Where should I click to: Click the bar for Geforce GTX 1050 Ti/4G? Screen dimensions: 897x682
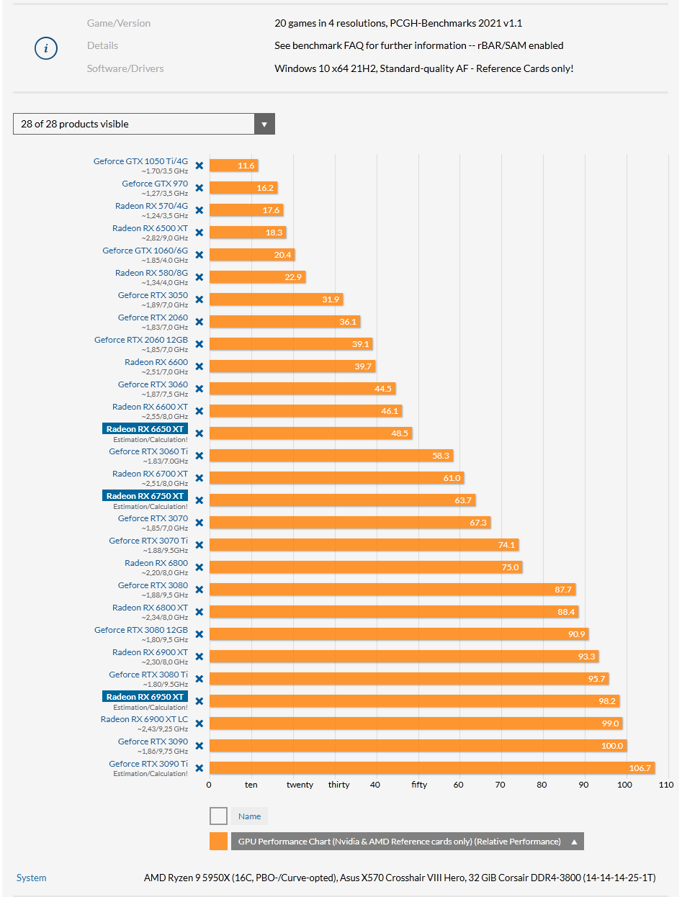[233, 166]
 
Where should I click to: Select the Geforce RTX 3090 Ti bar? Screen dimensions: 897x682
[432, 768]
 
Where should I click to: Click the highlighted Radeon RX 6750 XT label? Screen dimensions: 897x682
[145, 496]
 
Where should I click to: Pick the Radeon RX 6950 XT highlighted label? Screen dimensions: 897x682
[145, 697]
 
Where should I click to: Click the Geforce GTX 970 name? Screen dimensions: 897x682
[155, 184]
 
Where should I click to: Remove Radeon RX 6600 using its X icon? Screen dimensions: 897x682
[199, 366]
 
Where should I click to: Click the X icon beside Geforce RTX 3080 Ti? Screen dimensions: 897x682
[199, 679]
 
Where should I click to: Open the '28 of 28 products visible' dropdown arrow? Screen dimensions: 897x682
[264, 124]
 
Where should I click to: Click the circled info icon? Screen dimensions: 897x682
[46, 48]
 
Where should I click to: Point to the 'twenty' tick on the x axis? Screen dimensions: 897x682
[300, 785]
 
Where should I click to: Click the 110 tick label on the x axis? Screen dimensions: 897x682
[665, 785]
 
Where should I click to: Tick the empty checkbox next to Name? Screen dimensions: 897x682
[218, 816]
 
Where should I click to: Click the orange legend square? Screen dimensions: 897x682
[218, 842]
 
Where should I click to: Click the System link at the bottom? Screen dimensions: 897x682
[32, 878]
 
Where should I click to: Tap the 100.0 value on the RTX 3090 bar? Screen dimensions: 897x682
[612, 746]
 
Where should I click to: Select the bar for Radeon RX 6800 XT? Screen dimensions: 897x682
[393, 612]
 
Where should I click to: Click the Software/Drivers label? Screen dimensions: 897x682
[125, 68]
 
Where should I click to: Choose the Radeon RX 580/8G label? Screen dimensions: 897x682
[151, 273]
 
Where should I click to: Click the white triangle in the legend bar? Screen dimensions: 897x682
[575, 842]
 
